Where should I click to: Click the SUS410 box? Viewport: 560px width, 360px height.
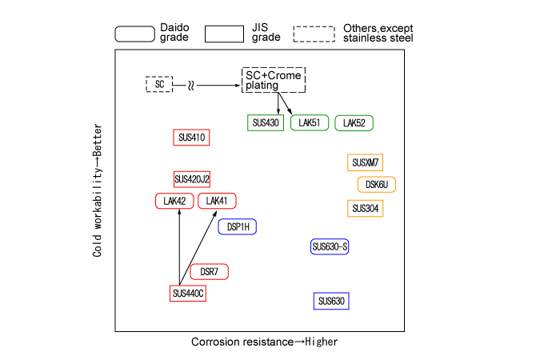[x=191, y=138]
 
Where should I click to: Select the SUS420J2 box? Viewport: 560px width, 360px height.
[x=192, y=178]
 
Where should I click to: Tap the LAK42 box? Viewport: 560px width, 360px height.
[x=174, y=201]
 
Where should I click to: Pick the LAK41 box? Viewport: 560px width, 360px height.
[x=217, y=201]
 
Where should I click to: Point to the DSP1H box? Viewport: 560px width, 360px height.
[x=238, y=226]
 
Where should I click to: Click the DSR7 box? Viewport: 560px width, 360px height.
[x=210, y=272]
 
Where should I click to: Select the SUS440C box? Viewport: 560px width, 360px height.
[x=188, y=294]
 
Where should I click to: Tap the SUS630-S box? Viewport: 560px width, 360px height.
[x=330, y=246]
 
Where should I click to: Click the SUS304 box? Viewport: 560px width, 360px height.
[x=366, y=209]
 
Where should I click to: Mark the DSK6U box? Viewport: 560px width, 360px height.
[x=376, y=185]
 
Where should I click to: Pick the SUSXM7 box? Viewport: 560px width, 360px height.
[x=366, y=163]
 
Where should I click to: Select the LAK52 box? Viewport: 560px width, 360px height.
[x=354, y=123]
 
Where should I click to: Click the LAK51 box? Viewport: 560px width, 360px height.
[x=310, y=123]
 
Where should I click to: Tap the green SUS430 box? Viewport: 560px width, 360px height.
[x=266, y=123]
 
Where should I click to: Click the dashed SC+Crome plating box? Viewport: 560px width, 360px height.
[x=274, y=80]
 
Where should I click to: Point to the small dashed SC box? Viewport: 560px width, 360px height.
[x=159, y=84]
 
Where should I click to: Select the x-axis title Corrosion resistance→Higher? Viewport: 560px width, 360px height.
[x=264, y=342]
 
